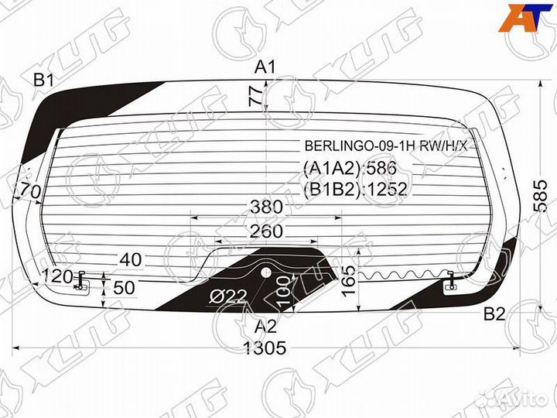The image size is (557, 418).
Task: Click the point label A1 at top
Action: [265, 67]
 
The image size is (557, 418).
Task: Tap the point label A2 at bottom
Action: [265, 326]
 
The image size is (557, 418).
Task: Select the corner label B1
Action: [43, 80]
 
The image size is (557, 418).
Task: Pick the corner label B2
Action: [494, 313]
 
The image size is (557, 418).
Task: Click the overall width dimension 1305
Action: [265, 348]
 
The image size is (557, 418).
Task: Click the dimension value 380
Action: [265, 207]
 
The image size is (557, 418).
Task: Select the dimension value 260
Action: [265, 231]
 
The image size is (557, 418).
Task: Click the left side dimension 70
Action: [30, 190]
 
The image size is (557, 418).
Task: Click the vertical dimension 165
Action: [350, 272]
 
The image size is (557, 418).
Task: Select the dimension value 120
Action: [57, 276]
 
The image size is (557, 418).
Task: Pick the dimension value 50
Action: [125, 288]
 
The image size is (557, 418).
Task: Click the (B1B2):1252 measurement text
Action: [354, 189]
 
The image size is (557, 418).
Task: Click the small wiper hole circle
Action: [265, 272]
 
